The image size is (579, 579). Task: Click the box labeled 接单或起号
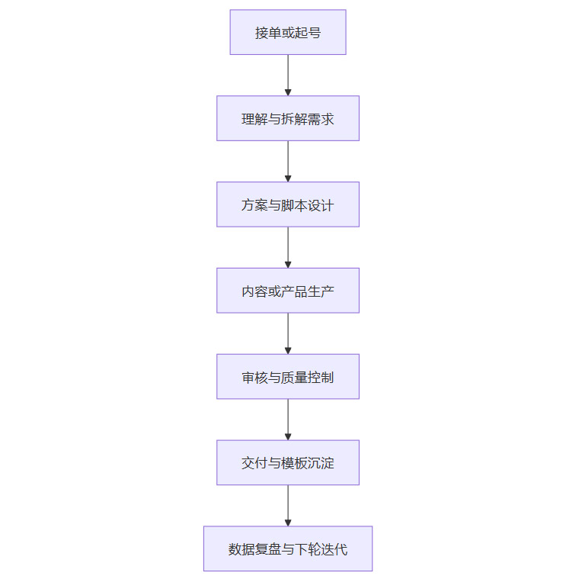(x=288, y=32)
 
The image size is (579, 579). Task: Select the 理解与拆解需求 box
(x=288, y=118)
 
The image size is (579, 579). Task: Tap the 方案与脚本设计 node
(x=288, y=204)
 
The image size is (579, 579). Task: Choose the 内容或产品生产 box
(x=288, y=291)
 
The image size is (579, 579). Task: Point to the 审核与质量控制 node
(x=288, y=377)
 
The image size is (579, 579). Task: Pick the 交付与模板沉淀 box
(x=288, y=463)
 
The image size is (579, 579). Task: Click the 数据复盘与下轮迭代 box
(x=288, y=548)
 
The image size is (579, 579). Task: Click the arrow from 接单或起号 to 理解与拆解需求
(x=288, y=75)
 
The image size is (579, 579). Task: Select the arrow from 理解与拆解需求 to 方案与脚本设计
(x=288, y=161)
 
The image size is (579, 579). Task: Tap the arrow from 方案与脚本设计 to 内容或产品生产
(x=288, y=247)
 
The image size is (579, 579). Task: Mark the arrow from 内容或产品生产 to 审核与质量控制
(x=288, y=333)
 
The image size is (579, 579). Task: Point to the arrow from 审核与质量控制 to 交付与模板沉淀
(x=288, y=420)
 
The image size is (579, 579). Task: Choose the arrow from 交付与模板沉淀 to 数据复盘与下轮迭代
(x=288, y=505)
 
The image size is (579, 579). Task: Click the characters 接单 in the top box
(x=268, y=33)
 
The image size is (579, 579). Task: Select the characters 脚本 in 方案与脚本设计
(x=296, y=205)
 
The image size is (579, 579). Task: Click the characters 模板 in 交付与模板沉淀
(x=296, y=464)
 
